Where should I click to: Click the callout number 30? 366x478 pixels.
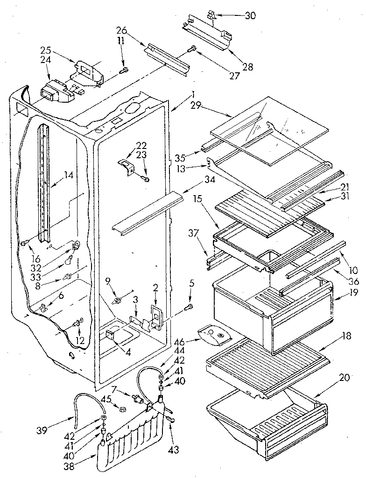(250, 15)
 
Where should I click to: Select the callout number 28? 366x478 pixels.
(247, 67)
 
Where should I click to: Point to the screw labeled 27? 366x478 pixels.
(191, 49)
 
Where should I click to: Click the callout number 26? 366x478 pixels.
(121, 32)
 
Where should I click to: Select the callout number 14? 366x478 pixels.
(69, 176)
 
